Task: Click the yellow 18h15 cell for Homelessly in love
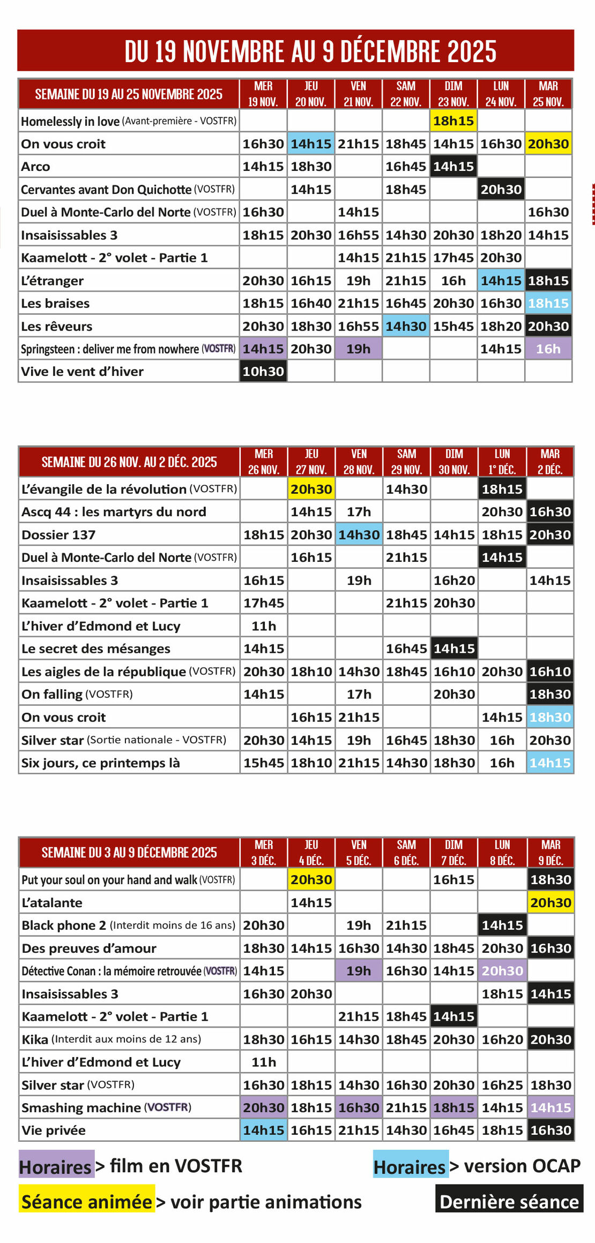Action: click(453, 120)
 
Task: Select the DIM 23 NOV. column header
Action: click(453, 94)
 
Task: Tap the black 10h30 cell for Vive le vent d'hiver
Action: click(263, 371)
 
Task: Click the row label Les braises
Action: click(55, 303)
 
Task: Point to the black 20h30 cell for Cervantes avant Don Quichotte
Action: click(501, 189)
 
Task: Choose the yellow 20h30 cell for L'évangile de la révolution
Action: click(311, 488)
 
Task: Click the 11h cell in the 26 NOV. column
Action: click(264, 626)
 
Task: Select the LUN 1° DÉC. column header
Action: click(502, 462)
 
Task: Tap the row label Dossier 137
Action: click(58, 534)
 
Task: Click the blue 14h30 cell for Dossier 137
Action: click(359, 534)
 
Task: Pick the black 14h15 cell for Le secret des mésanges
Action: click(454, 649)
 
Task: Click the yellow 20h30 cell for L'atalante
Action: click(551, 902)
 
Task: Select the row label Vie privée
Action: click(54, 1131)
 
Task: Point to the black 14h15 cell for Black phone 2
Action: click(502, 925)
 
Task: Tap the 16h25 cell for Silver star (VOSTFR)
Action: click(502, 1085)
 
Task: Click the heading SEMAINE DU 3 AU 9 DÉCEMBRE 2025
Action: click(129, 852)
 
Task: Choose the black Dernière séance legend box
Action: click(509, 1202)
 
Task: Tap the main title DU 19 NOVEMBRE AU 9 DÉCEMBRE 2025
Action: click(310, 51)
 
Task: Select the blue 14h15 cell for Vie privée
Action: click(263, 1131)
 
